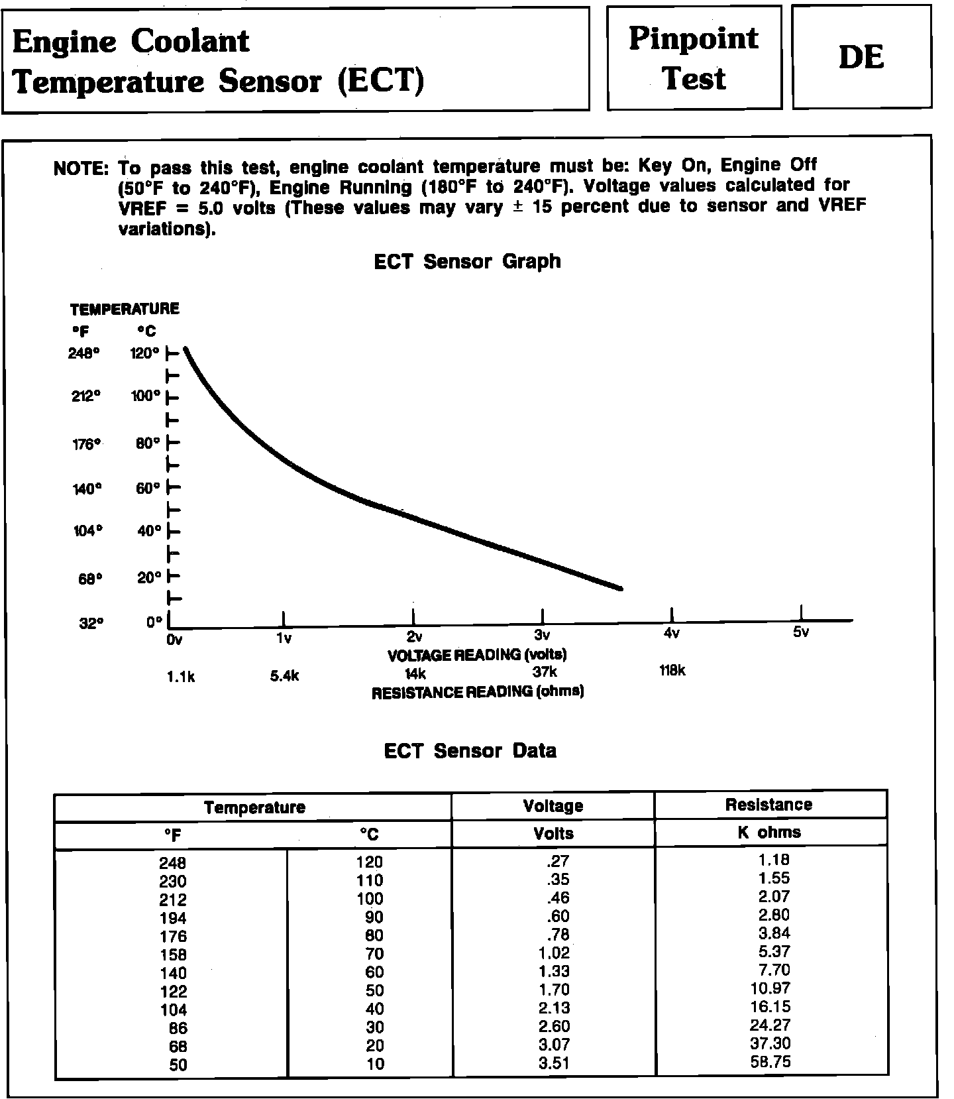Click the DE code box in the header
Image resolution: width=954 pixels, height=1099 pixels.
(x=861, y=57)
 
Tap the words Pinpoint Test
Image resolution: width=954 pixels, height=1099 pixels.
(x=694, y=58)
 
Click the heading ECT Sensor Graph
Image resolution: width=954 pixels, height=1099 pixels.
(x=467, y=262)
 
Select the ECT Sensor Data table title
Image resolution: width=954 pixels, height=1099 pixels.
(x=470, y=751)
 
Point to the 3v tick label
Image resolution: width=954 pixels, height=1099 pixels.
(x=542, y=635)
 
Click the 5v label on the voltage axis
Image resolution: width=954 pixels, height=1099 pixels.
(x=801, y=632)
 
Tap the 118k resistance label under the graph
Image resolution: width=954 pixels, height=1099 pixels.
(x=672, y=671)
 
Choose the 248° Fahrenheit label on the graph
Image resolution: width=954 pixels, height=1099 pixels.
(x=83, y=353)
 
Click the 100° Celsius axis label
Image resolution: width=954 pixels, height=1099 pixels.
(x=145, y=396)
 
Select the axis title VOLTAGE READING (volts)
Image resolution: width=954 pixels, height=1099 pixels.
(x=477, y=655)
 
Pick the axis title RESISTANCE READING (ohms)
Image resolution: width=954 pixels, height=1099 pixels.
(x=477, y=693)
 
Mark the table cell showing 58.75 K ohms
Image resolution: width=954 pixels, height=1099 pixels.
(x=771, y=1062)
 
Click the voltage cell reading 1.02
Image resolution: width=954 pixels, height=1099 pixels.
(x=554, y=953)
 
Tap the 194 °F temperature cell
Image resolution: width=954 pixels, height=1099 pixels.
(x=172, y=918)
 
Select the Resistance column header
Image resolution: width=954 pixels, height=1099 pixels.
(x=768, y=805)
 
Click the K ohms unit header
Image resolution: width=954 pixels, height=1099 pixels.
(x=768, y=833)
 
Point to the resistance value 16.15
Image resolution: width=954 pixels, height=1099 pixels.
(x=771, y=1007)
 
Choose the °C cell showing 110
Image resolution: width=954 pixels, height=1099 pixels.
(x=370, y=881)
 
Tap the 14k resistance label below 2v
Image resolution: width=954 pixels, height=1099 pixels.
(x=415, y=674)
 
